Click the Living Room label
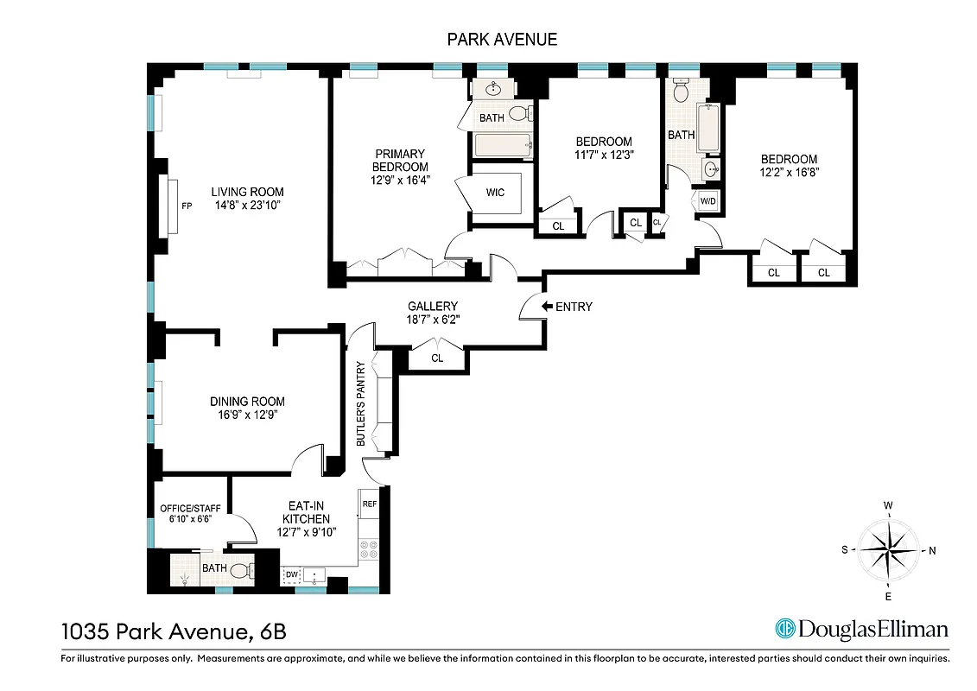tap(248, 192)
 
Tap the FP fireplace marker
tap(186, 206)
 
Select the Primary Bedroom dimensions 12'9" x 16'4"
tap(400, 181)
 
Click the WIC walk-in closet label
tap(496, 191)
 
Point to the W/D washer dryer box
tap(707, 201)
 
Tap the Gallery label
tap(433, 306)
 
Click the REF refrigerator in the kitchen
tap(370, 504)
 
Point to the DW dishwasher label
tap(291, 574)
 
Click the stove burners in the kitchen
tap(369, 549)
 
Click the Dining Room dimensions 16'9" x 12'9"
tap(247, 415)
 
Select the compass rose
tap(888, 549)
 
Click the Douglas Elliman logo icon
tap(784, 630)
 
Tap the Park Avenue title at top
tap(502, 39)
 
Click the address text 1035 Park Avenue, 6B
tap(174, 631)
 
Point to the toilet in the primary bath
tap(519, 113)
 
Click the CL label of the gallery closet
tap(437, 358)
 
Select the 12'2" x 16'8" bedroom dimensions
tap(789, 171)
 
